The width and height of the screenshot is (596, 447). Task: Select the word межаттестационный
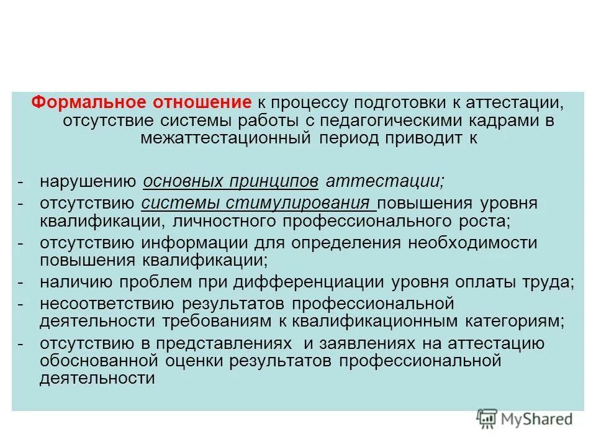[225, 137]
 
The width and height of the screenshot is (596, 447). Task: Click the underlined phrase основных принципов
[231, 181]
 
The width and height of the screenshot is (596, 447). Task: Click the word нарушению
[88, 181]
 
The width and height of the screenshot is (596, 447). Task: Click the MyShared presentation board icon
[487, 418]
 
